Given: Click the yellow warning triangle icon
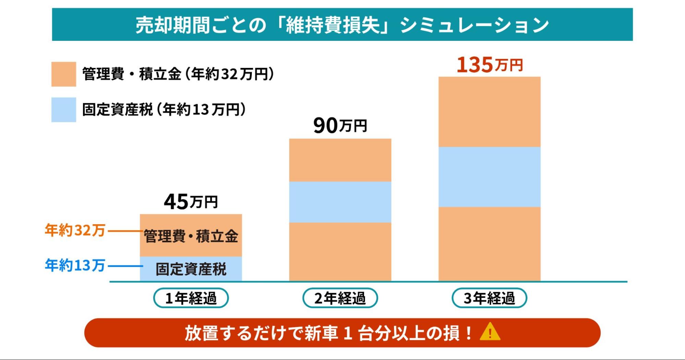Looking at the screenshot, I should (490, 332).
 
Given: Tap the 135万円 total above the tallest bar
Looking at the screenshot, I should (489, 65).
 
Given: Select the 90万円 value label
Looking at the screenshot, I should (340, 125).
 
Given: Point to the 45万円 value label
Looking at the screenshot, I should (191, 202).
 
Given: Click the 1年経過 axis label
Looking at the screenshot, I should (191, 298).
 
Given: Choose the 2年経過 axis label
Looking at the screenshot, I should (340, 298).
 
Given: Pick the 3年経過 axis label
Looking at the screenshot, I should (489, 298).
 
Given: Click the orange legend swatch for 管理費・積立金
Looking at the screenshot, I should (64, 74).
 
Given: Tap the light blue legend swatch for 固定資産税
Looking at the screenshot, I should (64, 110).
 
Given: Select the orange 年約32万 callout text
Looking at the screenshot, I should (75, 230).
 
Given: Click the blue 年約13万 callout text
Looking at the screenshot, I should (75, 265).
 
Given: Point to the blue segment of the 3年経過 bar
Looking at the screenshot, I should (489, 177).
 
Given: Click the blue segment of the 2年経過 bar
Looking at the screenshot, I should (340, 202).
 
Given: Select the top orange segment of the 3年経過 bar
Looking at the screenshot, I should (489, 112).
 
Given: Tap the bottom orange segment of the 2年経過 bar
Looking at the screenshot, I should (340, 252).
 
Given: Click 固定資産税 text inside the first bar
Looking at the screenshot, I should (191, 269).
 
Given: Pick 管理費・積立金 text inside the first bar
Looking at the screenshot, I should (191, 236).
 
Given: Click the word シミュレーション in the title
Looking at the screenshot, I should (475, 25).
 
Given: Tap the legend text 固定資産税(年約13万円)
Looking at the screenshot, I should (164, 110).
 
